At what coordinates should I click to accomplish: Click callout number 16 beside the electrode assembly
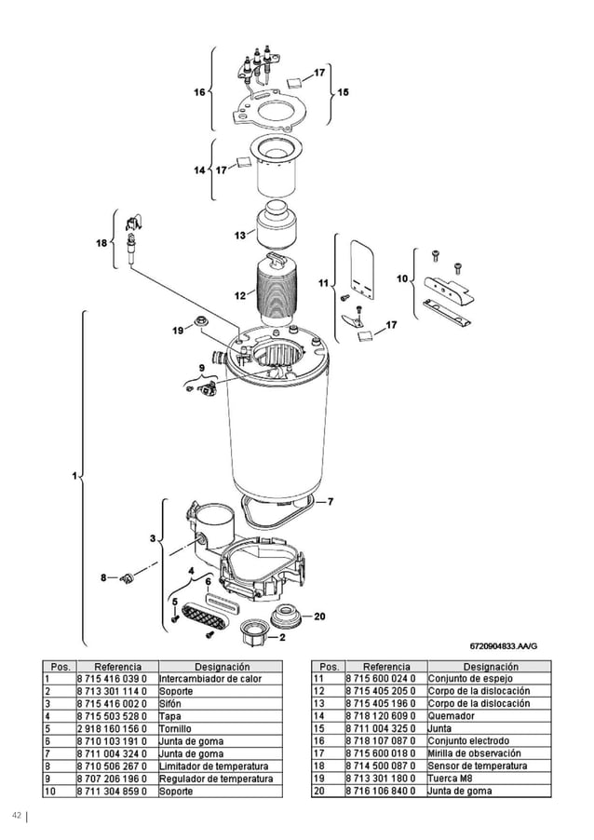(199, 92)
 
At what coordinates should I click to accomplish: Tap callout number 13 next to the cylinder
(239, 235)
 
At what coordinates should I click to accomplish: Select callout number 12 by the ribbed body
(239, 295)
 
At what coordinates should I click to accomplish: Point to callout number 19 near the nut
(178, 330)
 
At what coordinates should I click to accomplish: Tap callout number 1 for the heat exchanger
(74, 477)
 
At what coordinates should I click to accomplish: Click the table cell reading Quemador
(451, 716)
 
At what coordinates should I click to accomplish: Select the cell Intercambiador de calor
(209, 679)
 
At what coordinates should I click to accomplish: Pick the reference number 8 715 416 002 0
(112, 704)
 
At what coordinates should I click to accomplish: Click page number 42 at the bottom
(16, 817)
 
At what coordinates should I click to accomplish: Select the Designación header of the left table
(221, 667)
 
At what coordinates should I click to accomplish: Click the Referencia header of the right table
(385, 667)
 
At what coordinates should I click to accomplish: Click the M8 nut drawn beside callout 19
(199, 323)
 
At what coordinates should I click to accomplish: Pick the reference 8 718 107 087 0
(385, 741)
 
